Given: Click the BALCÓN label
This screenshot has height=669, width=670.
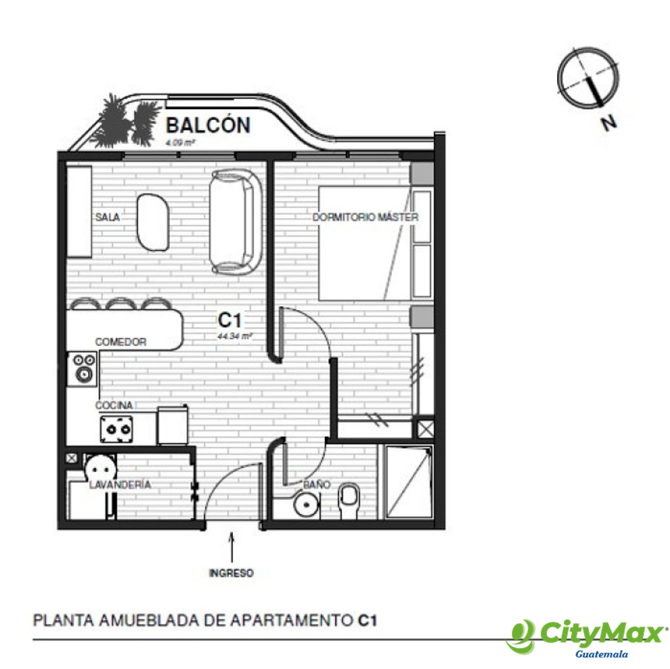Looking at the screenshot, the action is pos(208,125).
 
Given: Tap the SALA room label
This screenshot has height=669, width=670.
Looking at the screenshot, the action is pos(108,217).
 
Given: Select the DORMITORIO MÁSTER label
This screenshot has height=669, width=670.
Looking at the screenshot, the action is pos(365,217).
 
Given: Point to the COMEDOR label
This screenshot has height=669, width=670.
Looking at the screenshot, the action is pos(121,342).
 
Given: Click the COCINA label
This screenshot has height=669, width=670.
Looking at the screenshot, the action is pos(114,405).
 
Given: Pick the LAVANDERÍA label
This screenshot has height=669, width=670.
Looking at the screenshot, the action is pos(120,484).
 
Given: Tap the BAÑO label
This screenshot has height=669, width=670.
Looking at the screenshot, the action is pos(317,484).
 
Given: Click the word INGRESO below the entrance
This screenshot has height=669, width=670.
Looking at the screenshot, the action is pos(231,573).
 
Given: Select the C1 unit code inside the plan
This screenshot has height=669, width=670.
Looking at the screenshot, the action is pos(229,320).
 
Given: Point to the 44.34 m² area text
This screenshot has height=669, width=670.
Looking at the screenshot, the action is pos(234,336).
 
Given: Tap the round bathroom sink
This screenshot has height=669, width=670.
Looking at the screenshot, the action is pos(307,504).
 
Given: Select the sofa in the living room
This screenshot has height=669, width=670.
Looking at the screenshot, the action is pos(236,222).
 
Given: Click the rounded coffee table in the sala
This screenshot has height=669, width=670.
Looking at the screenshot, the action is pos(153,222).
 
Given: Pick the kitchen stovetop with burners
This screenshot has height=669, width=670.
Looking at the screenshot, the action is pos(116,429).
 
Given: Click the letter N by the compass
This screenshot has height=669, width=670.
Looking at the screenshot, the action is pos(609,122).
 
